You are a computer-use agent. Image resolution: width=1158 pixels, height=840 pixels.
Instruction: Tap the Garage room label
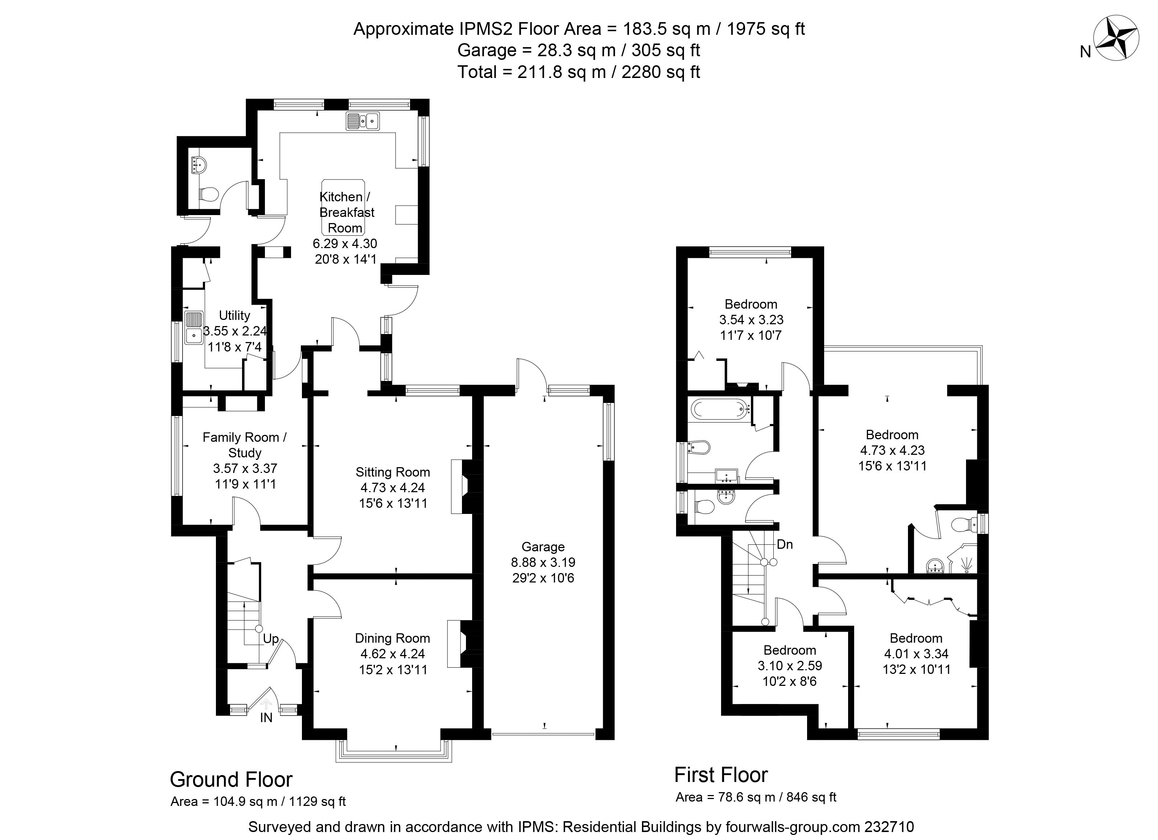[543, 547]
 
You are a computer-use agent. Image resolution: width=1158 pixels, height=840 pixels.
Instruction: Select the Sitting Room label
[393, 472]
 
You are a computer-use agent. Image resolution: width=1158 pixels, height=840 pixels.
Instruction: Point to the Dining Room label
[392, 638]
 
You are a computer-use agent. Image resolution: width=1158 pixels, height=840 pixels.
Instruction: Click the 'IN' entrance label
[266, 717]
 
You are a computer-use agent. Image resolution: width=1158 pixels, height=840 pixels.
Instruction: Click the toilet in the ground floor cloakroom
[208, 194]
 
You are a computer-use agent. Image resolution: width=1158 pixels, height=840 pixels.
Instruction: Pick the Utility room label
[234, 316]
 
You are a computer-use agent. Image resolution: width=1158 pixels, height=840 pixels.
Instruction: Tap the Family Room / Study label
[245, 445]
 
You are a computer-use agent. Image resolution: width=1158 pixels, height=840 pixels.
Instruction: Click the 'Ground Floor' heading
[231, 779]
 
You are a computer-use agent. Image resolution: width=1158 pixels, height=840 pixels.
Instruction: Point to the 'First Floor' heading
[721, 775]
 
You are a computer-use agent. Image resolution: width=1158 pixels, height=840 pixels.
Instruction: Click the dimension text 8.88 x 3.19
[543, 563]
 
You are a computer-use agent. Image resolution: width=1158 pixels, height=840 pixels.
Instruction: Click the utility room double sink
[194, 327]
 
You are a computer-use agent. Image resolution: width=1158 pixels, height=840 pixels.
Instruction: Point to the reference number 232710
[889, 826]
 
